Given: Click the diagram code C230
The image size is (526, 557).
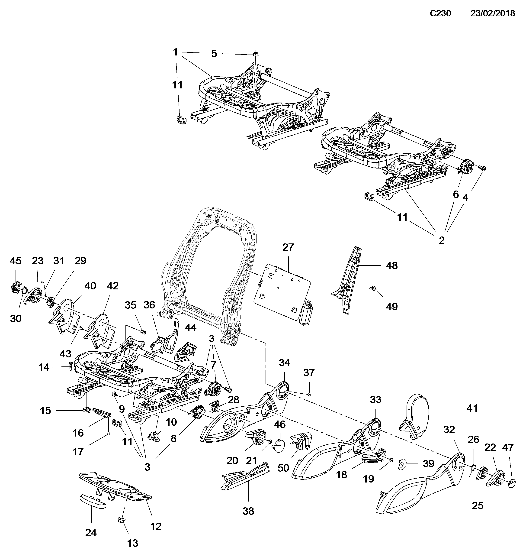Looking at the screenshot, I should point(440,13).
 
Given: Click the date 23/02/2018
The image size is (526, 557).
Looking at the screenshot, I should point(493,13).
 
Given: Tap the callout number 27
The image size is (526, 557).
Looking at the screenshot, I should point(288,247).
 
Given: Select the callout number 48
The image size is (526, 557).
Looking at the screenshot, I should point(392,266).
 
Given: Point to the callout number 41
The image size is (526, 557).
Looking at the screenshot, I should point(472,408).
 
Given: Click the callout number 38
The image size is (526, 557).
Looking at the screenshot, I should point(248,511).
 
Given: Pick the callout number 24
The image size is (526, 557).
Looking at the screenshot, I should point(91,533).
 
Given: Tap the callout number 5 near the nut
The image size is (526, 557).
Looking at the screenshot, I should point(214,53).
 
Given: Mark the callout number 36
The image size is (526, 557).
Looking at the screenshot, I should point(149,305).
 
